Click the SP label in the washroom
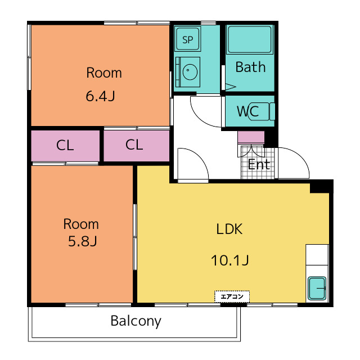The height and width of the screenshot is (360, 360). [x=187, y=40]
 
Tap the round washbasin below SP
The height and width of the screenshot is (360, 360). [x=190, y=71]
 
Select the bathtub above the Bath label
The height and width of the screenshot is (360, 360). [x=250, y=39]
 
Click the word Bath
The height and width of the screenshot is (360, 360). [x=250, y=67]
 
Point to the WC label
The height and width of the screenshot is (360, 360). [x=247, y=111]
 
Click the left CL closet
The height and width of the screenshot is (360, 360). [x=65, y=146]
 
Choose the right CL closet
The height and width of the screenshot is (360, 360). [x=136, y=146]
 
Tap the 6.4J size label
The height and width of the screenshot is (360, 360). [x=100, y=96]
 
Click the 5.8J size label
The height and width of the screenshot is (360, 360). [x=83, y=241]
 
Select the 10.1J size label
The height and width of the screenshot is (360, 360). [x=230, y=260]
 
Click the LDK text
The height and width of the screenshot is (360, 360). [x=229, y=229]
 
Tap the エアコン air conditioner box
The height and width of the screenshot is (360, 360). [x=232, y=296]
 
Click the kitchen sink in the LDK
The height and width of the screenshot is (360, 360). [x=317, y=289]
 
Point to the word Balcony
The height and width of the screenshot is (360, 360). [x=136, y=321]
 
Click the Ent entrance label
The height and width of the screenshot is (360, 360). [x=259, y=164]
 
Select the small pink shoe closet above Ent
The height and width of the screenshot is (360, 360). [x=251, y=137]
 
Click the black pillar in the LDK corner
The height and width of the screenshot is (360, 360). [x=321, y=186]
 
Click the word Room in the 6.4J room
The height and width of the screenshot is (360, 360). [x=104, y=73]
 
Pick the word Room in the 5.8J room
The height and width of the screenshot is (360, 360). [x=81, y=224]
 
